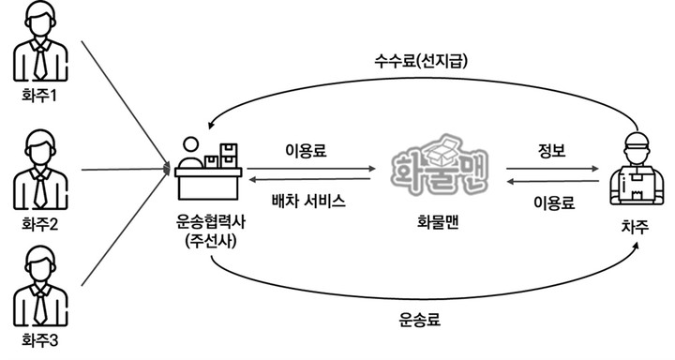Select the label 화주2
tap(41, 225)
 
